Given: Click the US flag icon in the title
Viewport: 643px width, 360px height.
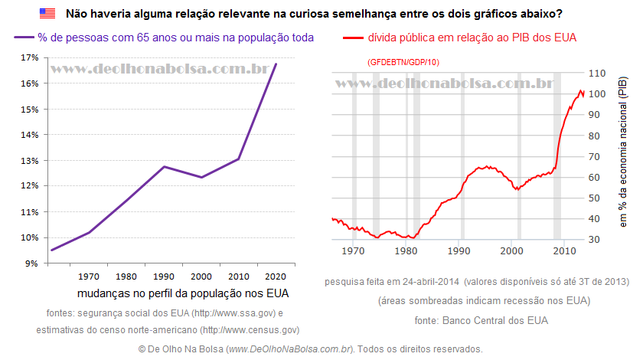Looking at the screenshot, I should (47, 14).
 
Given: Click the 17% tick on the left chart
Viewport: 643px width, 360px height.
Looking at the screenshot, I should (28, 57).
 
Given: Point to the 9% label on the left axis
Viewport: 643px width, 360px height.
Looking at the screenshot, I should (31, 263).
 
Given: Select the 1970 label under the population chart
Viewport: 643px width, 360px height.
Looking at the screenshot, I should (88, 276).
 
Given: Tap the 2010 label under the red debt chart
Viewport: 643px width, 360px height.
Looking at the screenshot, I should (564, 250).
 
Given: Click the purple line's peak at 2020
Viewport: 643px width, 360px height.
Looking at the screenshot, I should (276, 64).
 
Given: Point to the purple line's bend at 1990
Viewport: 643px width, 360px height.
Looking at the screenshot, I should (164, 166).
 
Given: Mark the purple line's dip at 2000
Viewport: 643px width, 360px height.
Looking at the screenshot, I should (201, 178).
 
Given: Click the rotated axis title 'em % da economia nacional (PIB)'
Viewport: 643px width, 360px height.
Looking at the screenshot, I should (623, 152).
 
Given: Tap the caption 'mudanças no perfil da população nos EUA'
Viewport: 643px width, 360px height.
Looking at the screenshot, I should (183, 293).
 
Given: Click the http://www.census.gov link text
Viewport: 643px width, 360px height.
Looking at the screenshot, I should (249, 330).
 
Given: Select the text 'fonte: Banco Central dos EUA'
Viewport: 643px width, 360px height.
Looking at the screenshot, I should (481, 320).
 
